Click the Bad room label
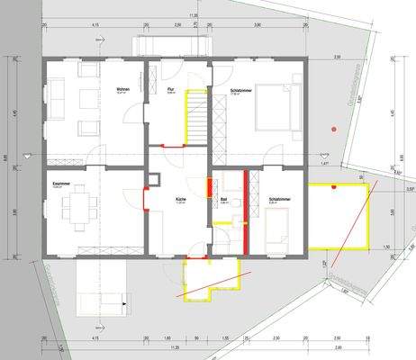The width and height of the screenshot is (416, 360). [x=225, y=201]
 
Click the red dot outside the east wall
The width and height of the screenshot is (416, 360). [x=333, y=130]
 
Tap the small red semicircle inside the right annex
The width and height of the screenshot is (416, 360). [x=334, y=186]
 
